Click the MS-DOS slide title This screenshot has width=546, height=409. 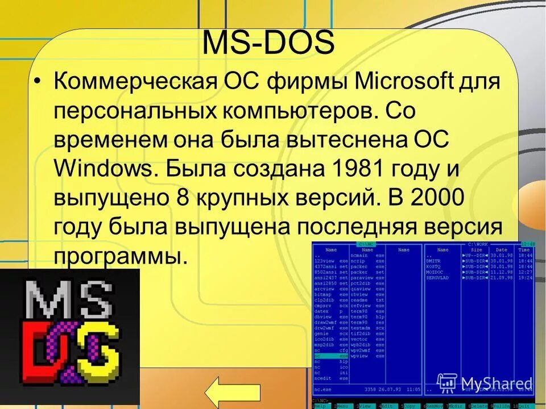pyautogui.click(x=268, y=44)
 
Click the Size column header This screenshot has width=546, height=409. pyautogui.click(x=477, y=249)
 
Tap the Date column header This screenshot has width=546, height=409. pyautogui.click(x=501, y=249)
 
